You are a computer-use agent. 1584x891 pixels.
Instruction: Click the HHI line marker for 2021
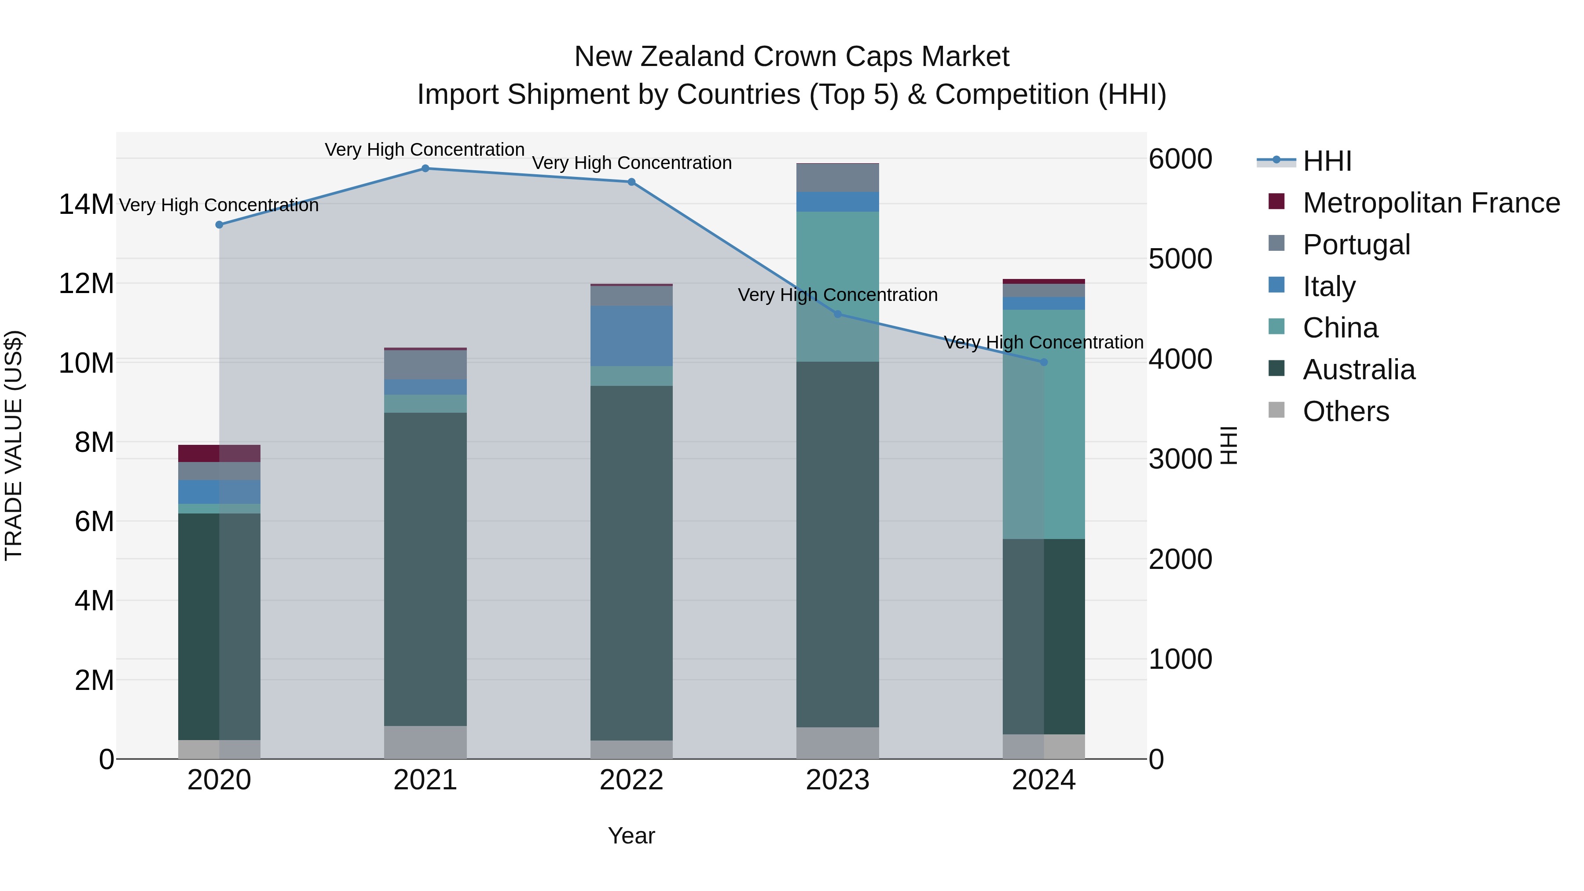click(x=425, y=169)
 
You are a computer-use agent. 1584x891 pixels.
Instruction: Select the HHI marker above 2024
click(x=1044, y=362)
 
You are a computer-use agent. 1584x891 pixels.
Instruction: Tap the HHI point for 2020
click(x=220, y=224)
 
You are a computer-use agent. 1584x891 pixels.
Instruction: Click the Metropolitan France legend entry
click(x=1430, y=203)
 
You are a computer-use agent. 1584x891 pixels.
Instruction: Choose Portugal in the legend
click(x=1356, y=245)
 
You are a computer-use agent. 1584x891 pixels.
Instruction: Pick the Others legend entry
click(x=1346, y=411)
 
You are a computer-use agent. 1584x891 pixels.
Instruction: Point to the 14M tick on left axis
click(x=86, y=204)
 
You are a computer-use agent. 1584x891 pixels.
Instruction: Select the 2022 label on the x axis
click(x=631, y=780)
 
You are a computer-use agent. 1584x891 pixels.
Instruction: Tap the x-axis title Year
click(x=631, y=836)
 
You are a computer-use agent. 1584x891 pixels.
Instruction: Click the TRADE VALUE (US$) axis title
click(x=14, y=445)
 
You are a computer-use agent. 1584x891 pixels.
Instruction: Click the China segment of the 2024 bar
click(x=1044, y=424)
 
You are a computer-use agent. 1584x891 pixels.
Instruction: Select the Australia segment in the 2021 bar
click(x=425, y=569)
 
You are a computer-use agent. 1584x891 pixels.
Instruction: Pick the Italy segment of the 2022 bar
click(x=631, y=336)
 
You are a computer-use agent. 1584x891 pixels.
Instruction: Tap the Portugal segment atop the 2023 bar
click(x=837, y=178)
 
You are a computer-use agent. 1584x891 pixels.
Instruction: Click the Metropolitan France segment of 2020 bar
click(x=220, y=453)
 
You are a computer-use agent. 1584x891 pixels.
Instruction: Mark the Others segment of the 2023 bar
click(x=837, y=743)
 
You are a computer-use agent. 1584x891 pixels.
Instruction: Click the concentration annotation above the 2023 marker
click(x=837, y=295)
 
